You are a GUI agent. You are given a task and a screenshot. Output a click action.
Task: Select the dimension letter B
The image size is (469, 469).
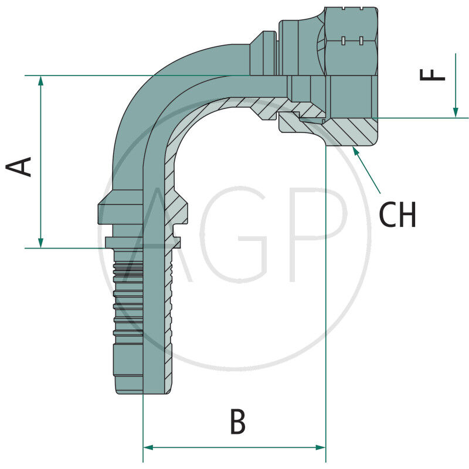[237, 422]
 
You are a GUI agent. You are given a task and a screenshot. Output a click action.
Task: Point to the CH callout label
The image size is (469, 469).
[397, 215]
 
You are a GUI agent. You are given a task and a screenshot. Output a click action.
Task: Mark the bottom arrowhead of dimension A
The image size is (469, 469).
[40, 242]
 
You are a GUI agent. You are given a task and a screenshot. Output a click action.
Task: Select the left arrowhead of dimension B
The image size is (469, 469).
[149, 447]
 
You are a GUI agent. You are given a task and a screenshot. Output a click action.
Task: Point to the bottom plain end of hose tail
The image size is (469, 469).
[129, 369]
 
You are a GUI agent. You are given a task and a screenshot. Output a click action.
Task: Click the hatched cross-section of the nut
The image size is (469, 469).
[346, 132]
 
